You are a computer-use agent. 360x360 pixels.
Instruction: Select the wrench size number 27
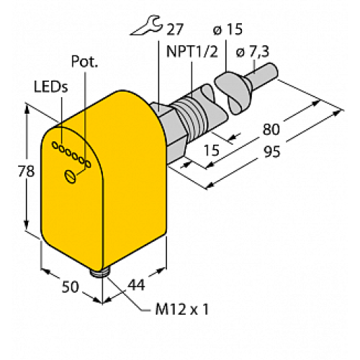(x=174, y=30)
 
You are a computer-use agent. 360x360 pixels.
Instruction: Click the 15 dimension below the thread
(x=212, y=149)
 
